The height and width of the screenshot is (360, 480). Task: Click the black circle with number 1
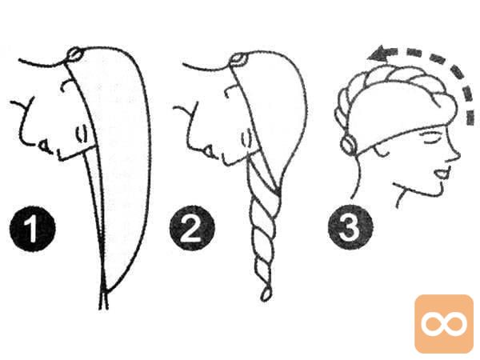(33, 229)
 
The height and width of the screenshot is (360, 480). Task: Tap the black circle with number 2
(192, 228)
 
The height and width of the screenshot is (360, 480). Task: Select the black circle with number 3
(350, 227)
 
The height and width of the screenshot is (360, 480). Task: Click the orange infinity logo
(444, 323)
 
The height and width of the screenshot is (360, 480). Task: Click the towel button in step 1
(74, 54)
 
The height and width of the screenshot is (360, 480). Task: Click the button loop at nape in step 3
(349, 145)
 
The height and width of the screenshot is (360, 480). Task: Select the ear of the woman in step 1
(81, 134)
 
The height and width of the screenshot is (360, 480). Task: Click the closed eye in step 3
(427, 137)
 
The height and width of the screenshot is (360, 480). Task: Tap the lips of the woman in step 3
(443, 174)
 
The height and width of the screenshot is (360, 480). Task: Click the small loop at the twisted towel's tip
(266, 294)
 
